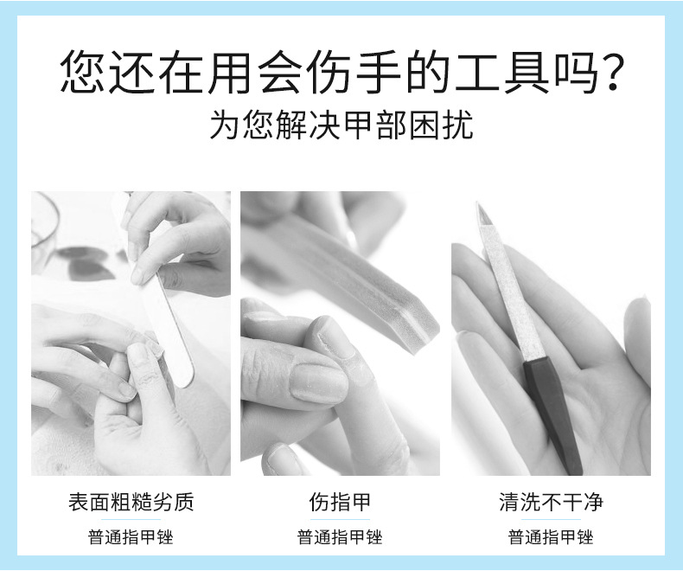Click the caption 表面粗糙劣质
pyautogui.click(x=131, y=502)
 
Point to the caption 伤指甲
pyautogui.click(x=340, y=502)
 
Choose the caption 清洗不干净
pyautogui.click(x=551, y=502)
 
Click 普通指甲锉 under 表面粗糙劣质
pyautogui.click(x=131, y=537)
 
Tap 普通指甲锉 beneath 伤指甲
pyautogui.click(x=340, y=537)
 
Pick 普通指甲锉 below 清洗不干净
pyautogui.click(x=551, y=537)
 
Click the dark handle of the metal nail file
pyautogui.click(x=552, y=414)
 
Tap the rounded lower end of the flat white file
pyautogui.click(x=185, y=381)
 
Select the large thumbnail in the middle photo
pyautogui.click(x=319, y=383)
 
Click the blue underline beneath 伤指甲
pyautogui.click(x=340, y=519)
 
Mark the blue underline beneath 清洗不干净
pyautogui.click(x=551, y=519)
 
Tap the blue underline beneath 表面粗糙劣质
pyautogui.click(x=131, y=519)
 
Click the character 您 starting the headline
pyautogui.click(x=83, y=73)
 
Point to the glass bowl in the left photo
pyautogui.click(x=44, y=222)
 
